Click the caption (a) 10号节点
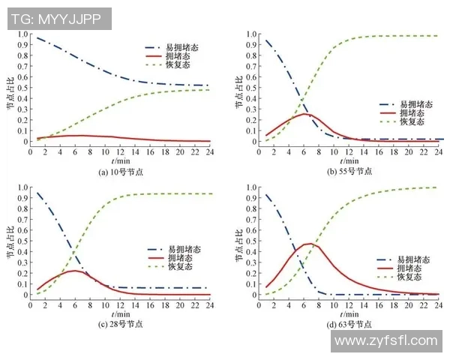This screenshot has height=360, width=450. pos(119,170)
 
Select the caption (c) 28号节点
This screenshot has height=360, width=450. pos(119,324)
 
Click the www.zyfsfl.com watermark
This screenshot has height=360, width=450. pos(385,341)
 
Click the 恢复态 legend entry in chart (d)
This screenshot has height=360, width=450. pos(407,277)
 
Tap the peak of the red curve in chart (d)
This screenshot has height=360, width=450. pos(308,244)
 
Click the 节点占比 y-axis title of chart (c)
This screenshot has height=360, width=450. pos(10,243)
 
